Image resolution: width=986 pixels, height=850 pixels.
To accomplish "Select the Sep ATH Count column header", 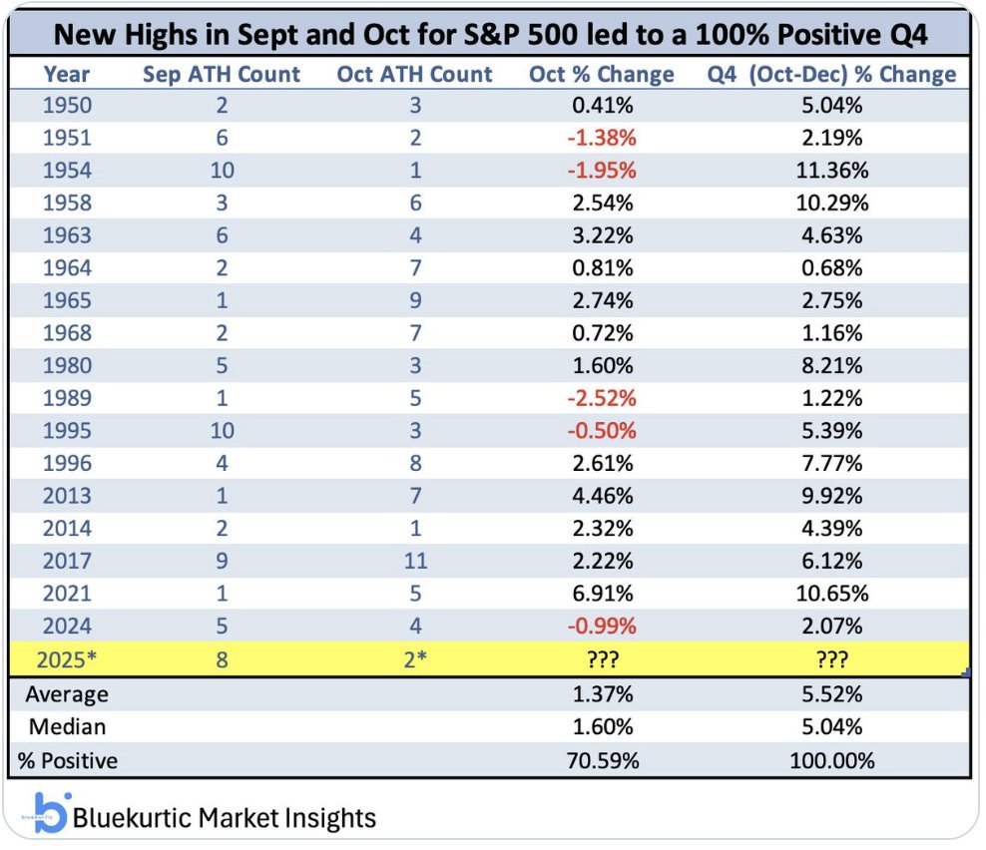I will pyautogui.click(x=222, y=75).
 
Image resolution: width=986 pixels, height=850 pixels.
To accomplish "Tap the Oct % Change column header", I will pyautogui.click(x=602, y=75).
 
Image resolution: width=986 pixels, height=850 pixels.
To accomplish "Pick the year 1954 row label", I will pyautogui.click(x=67, y=170).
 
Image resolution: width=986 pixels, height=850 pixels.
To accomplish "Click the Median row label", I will pyautogui.click(x=66, y=727).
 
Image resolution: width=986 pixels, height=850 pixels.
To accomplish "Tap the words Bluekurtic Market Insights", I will pyautogui.click(x=225, y=819).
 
